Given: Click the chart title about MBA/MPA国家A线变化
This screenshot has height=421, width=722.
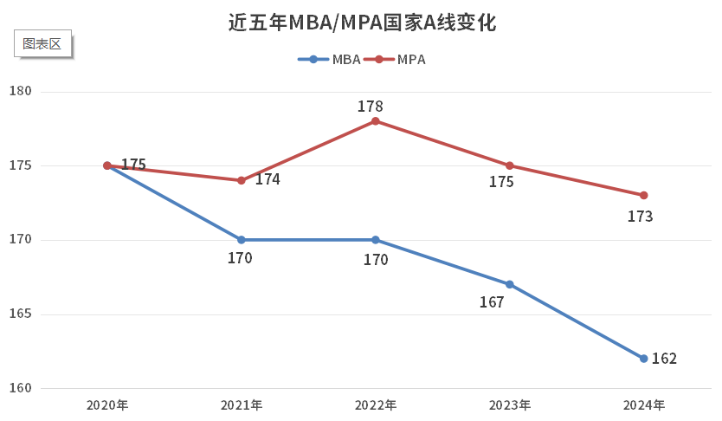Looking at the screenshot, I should point(361,23).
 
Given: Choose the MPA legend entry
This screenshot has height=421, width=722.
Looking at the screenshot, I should point(395,60).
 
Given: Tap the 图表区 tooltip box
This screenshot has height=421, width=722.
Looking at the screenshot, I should point(42,44).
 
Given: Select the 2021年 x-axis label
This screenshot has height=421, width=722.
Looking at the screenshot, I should point(242,405).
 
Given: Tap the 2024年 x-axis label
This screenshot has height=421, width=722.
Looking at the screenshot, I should point(644,405).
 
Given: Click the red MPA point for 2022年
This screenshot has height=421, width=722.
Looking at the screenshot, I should point(376,121).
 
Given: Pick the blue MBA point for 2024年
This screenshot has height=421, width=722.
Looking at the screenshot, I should point(644,359).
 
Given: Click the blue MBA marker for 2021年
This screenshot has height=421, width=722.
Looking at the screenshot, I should point(242,240).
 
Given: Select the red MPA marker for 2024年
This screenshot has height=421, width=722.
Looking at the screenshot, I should point(644,195).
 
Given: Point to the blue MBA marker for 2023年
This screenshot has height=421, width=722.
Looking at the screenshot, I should point(510,284).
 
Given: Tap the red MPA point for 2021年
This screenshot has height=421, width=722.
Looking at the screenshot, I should point(242,180).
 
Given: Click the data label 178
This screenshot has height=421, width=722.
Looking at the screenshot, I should point(371,106).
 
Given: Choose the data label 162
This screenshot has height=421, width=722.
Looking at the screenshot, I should point(664,359).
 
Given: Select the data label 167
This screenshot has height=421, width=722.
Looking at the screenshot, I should point(492,302).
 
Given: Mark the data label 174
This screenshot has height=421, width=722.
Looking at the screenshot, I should point(268,179).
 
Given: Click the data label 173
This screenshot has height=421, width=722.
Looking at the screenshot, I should point(641,217).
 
